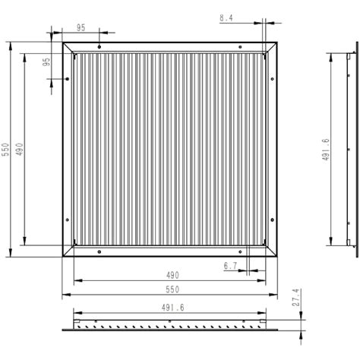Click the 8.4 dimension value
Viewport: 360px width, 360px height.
(226, 17)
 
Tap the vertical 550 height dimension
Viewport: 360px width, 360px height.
(5, 150)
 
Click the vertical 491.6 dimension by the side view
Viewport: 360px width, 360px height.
(326, 150)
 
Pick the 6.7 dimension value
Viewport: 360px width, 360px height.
(231, 266)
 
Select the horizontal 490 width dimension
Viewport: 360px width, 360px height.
(172, 276)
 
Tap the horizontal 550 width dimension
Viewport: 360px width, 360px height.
(172, 290)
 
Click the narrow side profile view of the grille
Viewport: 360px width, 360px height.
(351, 150)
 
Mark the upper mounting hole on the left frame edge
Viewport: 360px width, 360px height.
(68, 79)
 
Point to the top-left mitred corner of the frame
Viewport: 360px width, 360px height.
(68, 49)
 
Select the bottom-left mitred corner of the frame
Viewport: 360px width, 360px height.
(68, 252)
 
